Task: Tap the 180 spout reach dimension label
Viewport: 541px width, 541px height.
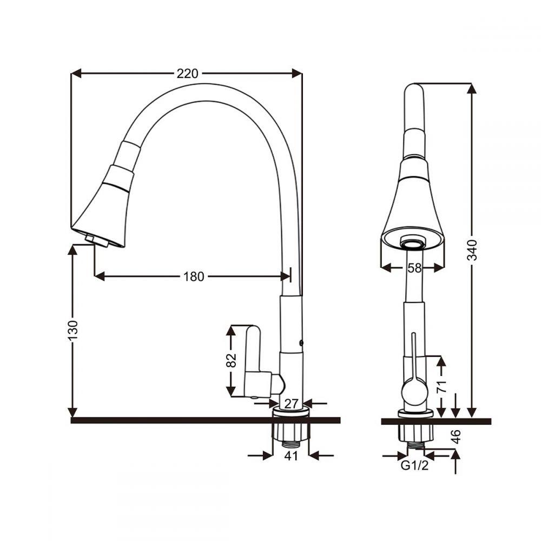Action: (194, 276)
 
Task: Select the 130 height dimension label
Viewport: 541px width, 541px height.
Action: (73, 330)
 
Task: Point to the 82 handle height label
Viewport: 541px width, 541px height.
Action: (231, 360)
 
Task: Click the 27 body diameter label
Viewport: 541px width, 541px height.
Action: (291, 404)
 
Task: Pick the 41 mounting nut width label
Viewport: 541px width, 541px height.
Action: (291, 456)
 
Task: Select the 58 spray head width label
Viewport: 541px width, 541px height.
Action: (415, 268)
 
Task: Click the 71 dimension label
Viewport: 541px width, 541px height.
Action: (441, 386)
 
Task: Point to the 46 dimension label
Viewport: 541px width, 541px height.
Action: (456, 437)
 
